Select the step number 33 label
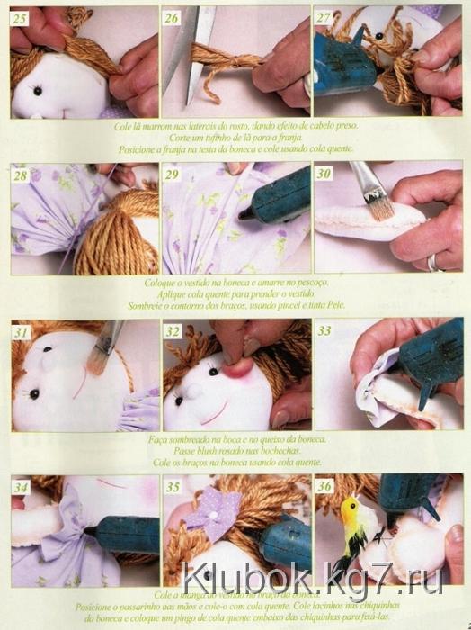(325, 330)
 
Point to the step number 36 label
(325, 487)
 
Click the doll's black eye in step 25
(38, 91)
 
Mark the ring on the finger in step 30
(433, 262)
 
